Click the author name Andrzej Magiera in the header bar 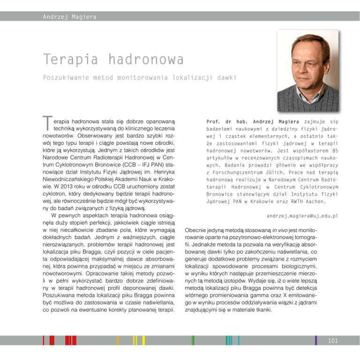pos(69,17)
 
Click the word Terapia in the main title pos(70,60)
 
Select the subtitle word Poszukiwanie pos(66,77)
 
